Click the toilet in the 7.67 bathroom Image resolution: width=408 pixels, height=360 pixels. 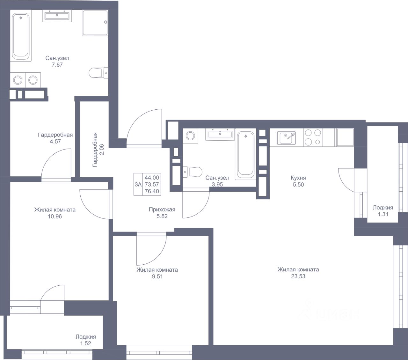(x=98, y=73)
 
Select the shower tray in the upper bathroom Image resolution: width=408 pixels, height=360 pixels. (x=95, y=23)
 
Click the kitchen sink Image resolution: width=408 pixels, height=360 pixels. (x=286, y=138)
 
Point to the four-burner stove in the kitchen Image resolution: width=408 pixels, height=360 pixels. (x=313, y=137)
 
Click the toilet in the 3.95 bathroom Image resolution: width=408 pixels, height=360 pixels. (x=192, y=172)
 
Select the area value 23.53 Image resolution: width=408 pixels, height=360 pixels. (x=298, y=276)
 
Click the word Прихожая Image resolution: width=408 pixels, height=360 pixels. (x=162, y=210)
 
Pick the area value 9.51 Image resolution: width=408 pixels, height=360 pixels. (x=157, y=276)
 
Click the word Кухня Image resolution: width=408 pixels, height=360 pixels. (x=298, y=178)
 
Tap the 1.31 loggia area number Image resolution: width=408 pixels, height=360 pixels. (x=383, y=214)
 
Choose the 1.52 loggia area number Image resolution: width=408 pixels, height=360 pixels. (x=86, y=343)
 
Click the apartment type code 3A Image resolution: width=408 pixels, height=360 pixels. (x=138, y=184)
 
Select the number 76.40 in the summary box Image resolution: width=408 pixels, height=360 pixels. (x=152, y=191)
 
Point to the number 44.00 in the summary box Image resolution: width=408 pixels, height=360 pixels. (x=152, y=178)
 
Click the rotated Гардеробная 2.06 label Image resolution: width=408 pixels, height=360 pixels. (x=98, y=150)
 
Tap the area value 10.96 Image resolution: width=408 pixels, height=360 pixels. (x=55, y=217)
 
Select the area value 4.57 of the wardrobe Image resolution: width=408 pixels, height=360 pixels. (x=55, y=142)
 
